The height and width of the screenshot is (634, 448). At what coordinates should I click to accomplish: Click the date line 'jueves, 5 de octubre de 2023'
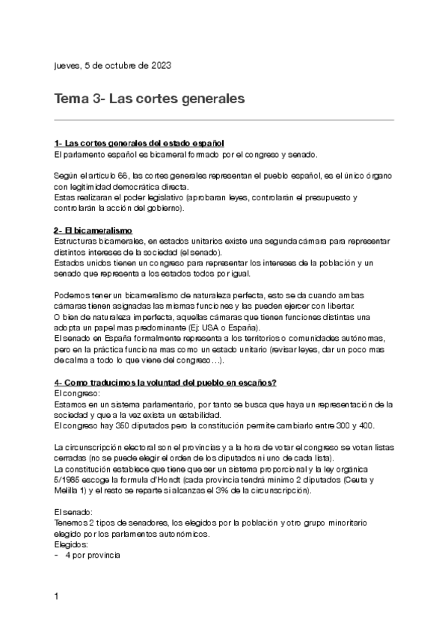112,66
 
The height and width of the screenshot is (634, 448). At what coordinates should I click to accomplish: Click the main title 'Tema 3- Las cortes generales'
150,99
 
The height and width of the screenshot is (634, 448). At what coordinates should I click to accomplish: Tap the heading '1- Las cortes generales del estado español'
139,144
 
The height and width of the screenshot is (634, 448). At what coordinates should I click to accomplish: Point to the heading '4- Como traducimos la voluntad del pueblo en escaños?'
165,383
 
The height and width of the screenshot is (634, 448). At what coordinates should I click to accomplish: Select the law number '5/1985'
70,480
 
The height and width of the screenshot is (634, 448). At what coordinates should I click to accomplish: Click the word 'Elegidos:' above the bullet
73,545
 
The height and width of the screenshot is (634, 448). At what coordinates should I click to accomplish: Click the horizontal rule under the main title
224,119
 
